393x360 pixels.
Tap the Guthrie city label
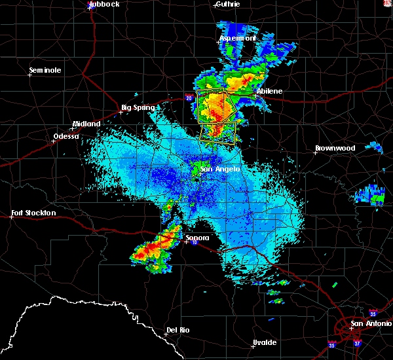227,4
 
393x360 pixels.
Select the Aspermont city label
236,39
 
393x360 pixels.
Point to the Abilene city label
269,91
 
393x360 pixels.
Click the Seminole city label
45,70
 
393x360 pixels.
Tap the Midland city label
86,124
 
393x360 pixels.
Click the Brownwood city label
335,148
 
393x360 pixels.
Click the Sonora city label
196,238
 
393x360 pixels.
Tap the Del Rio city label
178,331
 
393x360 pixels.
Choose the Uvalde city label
265,342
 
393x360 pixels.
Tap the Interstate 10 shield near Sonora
195,243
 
